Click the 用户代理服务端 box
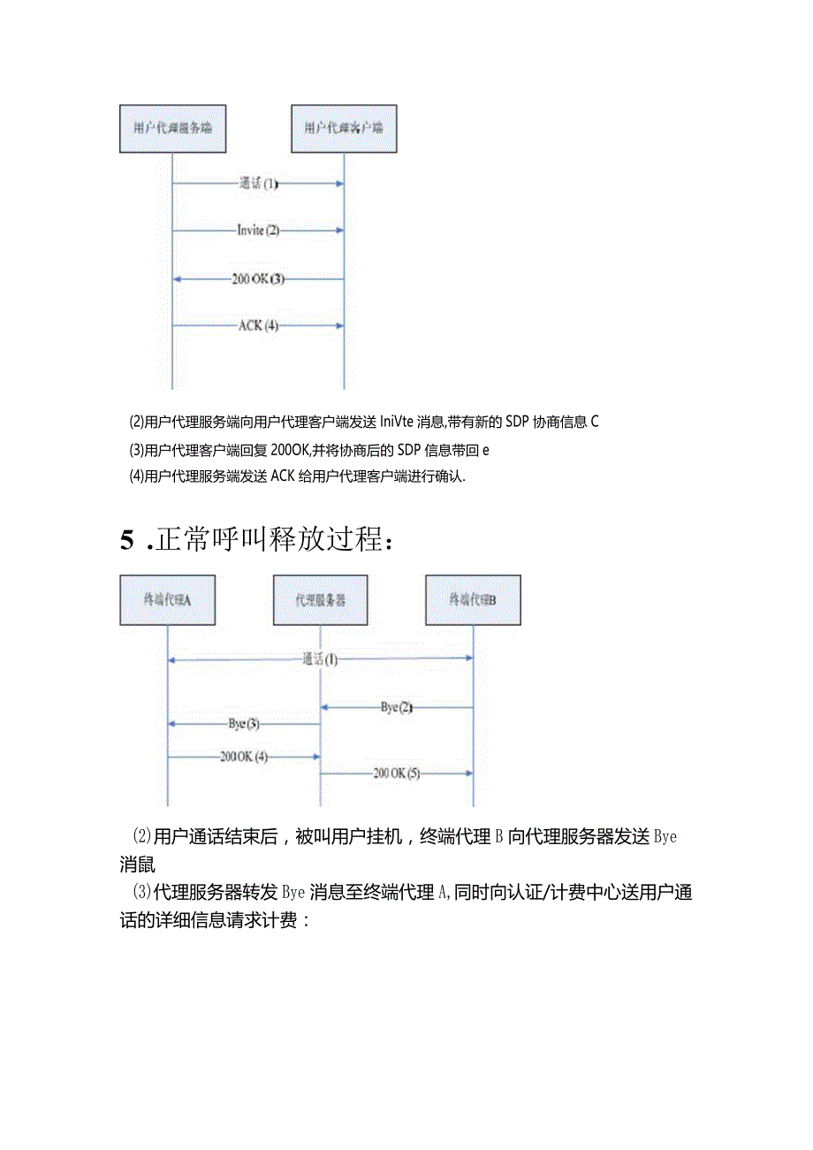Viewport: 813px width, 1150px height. coord(172,128)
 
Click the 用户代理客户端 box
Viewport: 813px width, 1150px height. coord(344,128)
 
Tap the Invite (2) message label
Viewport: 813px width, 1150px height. coord(258,230)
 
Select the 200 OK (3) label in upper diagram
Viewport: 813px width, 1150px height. coord(258,278)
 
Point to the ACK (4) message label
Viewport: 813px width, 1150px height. coord(258,325)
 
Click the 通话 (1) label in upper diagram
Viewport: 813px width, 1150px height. coord(258,184)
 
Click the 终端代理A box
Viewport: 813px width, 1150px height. coord(167,599)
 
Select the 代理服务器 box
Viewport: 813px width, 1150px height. coord(320,599)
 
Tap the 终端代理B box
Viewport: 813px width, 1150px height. coord(473,599)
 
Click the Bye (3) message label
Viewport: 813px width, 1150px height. coord(244,724)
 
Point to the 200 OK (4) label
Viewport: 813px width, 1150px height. coord(244,757)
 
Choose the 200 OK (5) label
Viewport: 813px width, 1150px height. coord(397,773)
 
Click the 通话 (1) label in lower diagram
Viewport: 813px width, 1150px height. coord(320,659)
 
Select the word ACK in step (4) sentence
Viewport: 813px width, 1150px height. coord(282,476)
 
